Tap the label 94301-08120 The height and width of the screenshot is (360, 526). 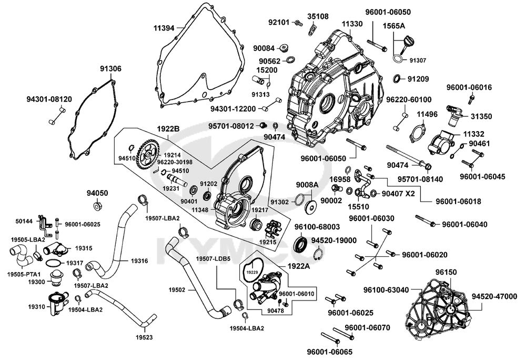[49, 98]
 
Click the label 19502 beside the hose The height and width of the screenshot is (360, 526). [177, 289]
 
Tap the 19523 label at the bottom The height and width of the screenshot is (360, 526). [145, 336]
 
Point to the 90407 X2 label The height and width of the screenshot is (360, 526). [398, 194]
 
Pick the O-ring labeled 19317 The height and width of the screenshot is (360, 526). [53, 262]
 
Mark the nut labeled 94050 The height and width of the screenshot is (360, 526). [97, 205]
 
